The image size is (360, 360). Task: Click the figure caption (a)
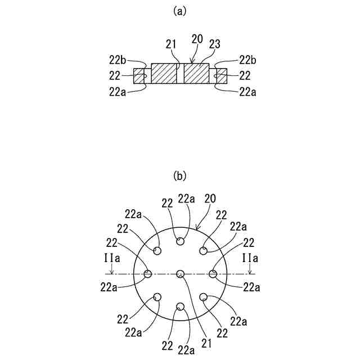click(x=180, y=10)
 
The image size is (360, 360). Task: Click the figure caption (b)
click(x=180, y=176)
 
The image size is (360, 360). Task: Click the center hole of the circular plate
click(x=180, y=274)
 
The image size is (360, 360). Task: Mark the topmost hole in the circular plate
click(x=180, y=241)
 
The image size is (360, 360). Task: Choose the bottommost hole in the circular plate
click(x=180, y=307)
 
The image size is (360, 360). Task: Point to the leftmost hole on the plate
click(x=147, y=274)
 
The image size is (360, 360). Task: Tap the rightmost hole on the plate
click(x=213, y=274)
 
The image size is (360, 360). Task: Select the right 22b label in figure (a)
click(x=248, y=59)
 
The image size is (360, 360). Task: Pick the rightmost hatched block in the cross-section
click(x=221, y=76)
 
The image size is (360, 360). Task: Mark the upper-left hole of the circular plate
click(x=157, y=251)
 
